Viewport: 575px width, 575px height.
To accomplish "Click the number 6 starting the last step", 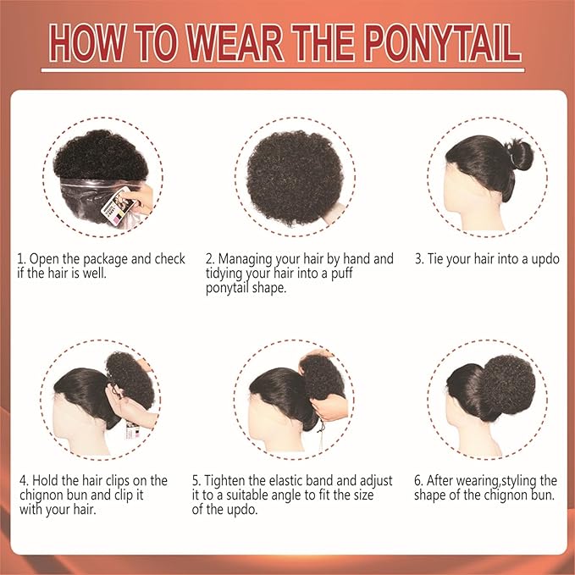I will coord(418,481).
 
